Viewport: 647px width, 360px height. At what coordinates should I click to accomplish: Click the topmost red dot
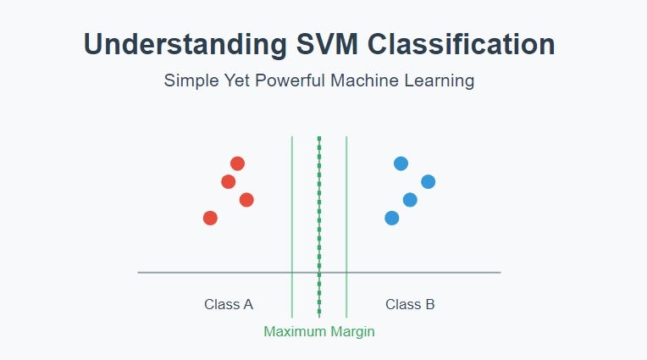click(x=237, y=163)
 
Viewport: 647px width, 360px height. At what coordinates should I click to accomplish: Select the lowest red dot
click(x=210, y=218)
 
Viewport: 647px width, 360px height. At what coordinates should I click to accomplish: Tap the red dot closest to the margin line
click(x=246, y=200)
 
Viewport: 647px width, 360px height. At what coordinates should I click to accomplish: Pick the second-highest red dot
click(x=228, y=181)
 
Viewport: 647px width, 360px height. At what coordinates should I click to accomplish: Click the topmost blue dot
click(x=401, y=163)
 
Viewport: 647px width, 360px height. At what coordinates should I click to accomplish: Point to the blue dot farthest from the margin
click(x=428, y=181)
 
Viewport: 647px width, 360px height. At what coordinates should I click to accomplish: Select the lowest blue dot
click(x=391, y=218)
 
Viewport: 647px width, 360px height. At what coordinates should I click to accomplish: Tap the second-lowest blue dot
click(x=410, y=200)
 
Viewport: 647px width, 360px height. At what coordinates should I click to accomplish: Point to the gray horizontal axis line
click(x=212, y=272)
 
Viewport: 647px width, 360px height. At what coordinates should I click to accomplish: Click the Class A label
click(x=229, y=304)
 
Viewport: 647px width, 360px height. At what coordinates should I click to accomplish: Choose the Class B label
click(x=410, y=304)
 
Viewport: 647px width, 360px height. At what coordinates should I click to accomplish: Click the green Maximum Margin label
click(x=319, y=331)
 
